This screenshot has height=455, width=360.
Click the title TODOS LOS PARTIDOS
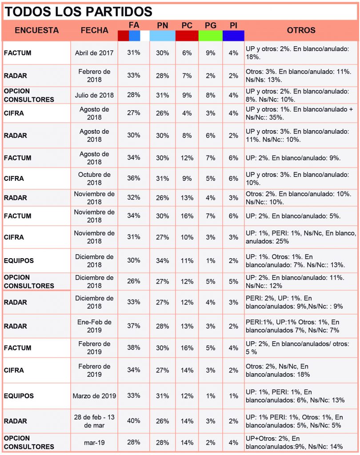pos(78,12)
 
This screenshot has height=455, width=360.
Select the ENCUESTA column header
pos(37,30)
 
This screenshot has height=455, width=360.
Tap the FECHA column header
pos(94,30)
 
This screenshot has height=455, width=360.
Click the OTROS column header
pos(301,30)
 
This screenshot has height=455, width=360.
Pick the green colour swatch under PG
pos(211,36)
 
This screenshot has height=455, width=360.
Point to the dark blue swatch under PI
pos(233,36)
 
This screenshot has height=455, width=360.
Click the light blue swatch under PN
pos(163,36)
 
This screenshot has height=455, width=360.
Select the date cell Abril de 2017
pos(94,53)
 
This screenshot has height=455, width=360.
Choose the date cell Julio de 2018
pos(94,95)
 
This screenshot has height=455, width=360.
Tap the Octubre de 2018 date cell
pos(94,179)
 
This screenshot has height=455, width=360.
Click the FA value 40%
pos(133,421)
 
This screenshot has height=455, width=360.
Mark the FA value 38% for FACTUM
pos(133,347)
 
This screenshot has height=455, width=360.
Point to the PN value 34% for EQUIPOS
pos(163,260)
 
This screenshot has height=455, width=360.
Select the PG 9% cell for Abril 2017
pos(211,53)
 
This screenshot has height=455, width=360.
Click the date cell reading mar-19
pos(94,443)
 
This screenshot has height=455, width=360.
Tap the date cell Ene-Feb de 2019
pos(94,326)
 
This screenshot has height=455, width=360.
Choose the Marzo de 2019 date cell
pos(94,396)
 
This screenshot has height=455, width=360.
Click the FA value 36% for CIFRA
pos(133,178)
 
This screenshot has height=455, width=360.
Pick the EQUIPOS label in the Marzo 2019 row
pos(19,396)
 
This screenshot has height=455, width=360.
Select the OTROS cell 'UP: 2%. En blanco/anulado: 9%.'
pos(293,158)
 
